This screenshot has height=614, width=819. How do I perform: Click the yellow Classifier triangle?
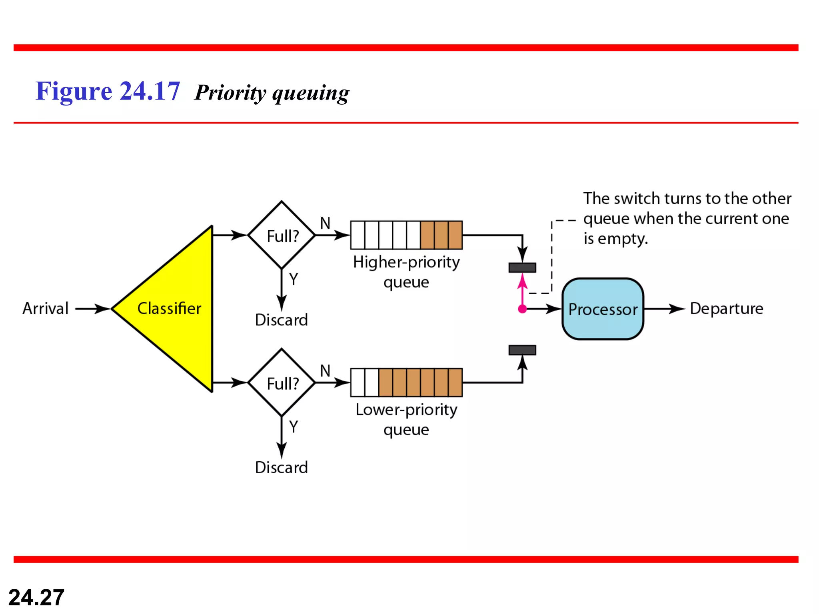coord(172,309)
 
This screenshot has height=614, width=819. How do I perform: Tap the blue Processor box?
coord(603,309)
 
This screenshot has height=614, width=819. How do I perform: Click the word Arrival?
coord(46,309)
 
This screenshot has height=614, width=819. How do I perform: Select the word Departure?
coord(727,309)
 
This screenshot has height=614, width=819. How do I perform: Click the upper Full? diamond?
coord(282,235)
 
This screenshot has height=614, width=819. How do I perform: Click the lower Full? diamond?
coord(282,383)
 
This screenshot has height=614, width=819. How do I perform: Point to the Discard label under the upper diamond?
coord(282,320)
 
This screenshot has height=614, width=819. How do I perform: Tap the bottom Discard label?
coord(282,467)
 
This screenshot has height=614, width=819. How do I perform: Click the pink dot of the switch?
coord(522,309)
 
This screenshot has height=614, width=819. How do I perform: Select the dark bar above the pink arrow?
coord(522,267)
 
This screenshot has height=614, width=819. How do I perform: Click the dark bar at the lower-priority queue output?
coord(522,350)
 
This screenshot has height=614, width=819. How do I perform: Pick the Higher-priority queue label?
coord(406,272)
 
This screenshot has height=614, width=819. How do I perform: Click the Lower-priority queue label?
coord(406,419)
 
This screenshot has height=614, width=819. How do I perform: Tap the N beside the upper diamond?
coord(325,223)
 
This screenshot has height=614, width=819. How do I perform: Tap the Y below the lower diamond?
coord(294,427)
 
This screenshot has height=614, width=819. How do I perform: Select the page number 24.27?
coord(36,597)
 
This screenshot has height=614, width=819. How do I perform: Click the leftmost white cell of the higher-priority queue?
coord(358,235)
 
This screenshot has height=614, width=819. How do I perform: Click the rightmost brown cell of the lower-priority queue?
coord(455,383)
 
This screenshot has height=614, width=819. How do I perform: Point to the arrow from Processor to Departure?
coord(664,309)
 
